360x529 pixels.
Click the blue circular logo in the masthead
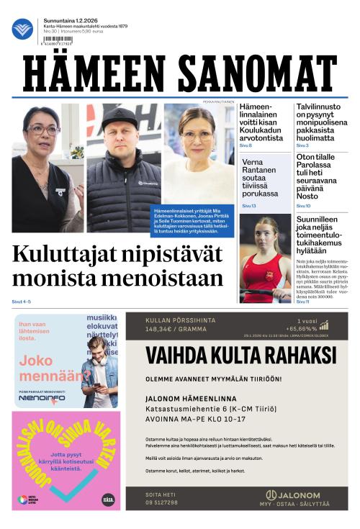coord(22,29)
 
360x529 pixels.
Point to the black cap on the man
coord(120,116)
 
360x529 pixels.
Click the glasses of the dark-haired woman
coord(42,130)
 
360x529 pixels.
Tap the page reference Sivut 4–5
coord(22,301)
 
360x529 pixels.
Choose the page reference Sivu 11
coord(303,301)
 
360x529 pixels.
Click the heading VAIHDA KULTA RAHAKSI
coord(240,356)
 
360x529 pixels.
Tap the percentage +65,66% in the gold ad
coord(302,328)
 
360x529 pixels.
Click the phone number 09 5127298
coord(162,502)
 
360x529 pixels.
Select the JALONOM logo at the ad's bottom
coord(294,495)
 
